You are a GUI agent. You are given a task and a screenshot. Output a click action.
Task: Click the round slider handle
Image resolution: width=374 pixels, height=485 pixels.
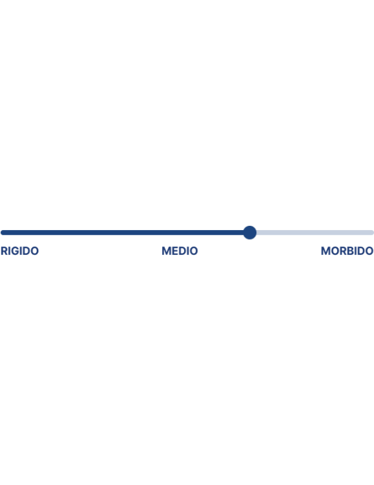(x=250, y=233)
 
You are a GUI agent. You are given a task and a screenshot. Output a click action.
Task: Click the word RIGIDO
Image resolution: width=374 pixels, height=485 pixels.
(x=19, y=251)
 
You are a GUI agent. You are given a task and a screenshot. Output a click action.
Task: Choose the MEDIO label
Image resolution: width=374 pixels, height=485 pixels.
(x=179, y=251)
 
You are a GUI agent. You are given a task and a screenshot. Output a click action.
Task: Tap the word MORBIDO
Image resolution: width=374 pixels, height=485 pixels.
(x=347, y=251)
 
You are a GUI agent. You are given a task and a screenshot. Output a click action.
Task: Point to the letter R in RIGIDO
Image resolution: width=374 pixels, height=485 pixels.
(x=3, y=251)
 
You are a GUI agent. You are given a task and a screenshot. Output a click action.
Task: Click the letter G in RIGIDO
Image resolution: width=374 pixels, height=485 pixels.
(x=15, y=251)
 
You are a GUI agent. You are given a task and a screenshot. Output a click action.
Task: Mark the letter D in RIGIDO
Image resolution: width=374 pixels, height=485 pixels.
(x=26, y=251)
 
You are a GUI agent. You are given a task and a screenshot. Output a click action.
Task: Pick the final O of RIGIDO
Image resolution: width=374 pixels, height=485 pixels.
(x=35, y=251)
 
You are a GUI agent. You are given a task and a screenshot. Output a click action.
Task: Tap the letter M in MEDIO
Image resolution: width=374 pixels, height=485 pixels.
(x=166, y=251)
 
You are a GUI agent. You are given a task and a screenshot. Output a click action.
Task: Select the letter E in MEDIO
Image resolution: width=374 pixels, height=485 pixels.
(x=175, y=251)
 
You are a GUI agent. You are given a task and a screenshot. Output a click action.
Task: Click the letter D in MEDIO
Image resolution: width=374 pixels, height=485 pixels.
(x=182, y=251)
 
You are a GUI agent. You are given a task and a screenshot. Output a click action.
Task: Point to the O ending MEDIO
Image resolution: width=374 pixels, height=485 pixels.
(x=194, y=251)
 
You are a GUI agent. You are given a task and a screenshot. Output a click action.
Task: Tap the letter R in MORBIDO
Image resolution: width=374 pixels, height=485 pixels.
(x=343, y=251)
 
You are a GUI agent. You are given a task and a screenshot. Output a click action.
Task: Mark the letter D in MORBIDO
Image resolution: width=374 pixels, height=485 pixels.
(x=360, y=251)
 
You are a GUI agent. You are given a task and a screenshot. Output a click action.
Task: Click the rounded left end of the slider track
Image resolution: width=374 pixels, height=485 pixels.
(x=3, y=233)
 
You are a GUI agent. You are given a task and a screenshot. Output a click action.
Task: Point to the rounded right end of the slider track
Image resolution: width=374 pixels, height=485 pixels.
(x=372, y=233)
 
